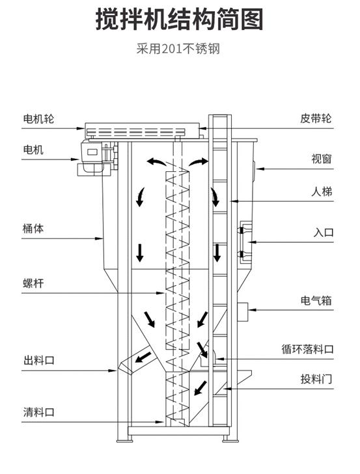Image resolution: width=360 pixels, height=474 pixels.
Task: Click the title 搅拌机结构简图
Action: [x=179, y=20]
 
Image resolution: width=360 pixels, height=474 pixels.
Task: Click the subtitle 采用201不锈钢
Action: [x=178, y=49]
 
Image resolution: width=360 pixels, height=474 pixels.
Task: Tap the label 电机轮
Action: [x=38, y=118]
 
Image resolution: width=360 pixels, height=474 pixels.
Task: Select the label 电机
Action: [x=33, y=149]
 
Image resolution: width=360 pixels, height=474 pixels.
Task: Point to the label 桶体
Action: [x=33, y=229]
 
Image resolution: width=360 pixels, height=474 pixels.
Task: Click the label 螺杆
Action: [x=33, y=283]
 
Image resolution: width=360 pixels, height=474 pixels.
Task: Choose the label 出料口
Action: [x=38, y=360]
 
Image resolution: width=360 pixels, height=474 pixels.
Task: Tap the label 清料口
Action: [x=38, y=411]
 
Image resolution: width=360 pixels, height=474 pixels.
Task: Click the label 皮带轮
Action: [x=316, y=118]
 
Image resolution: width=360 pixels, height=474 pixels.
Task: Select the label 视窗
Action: [x=322, y=158]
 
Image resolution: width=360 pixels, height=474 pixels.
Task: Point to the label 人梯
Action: [x=322, y=191]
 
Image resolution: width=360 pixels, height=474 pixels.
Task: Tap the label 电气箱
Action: [x=316, y=300]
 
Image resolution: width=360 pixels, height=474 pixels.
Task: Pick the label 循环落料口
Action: [x=307, y=349]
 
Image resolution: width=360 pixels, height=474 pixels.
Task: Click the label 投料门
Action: [x=316, y=378]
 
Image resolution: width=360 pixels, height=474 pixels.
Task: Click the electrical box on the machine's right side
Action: [x=243, y=312]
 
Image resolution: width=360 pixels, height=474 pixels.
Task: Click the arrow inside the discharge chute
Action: [x=143, y=357]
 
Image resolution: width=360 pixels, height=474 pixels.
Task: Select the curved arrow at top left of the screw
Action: [x=156, y=161]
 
